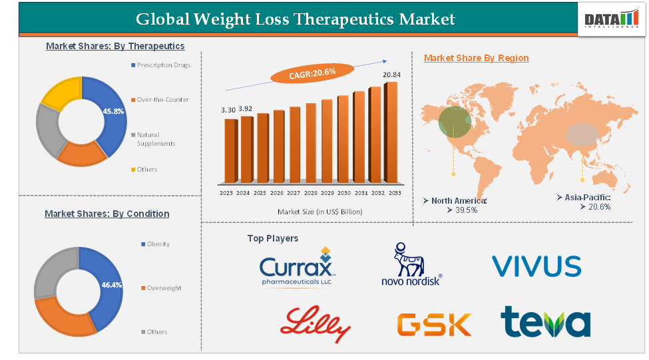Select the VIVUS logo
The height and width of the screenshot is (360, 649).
point(537,266)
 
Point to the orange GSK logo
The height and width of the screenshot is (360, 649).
point(434,324)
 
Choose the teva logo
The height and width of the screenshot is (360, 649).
point(545,322)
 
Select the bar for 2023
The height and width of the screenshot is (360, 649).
point(230,150)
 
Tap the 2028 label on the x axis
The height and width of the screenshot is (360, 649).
point(311,193)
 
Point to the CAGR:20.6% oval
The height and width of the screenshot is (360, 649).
point(312,73)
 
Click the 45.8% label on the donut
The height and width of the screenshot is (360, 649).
point(114,111)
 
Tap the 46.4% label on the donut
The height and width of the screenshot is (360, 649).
point(112,284)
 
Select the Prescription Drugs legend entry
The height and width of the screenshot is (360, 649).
point(163,65)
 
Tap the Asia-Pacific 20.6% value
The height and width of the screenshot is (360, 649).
point(595,207)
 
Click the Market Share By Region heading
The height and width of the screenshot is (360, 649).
point(476,58)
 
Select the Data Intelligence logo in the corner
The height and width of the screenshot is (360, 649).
point(610,21)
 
